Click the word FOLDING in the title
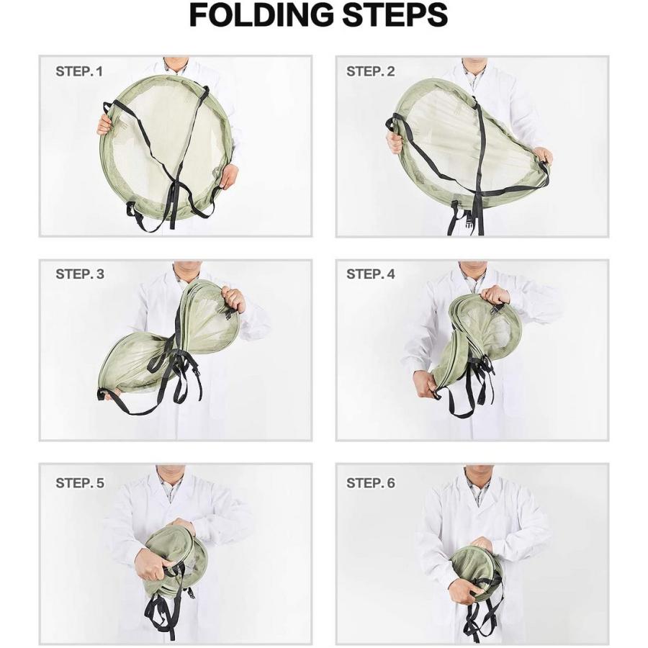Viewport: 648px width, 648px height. click(x=261, y=15)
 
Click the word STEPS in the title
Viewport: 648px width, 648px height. click(x=395, y=15)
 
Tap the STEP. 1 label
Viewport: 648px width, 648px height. click(x=79, y=71)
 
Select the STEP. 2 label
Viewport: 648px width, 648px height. click(x=370, y=71)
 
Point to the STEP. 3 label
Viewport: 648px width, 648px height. click(x=80, y=274)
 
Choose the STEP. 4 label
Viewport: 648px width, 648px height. click(x=370, y=274)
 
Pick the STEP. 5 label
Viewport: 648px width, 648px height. click(x=80, y=483)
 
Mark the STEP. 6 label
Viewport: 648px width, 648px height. click(x=370, y=483)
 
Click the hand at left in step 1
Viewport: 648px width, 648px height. click(x=104, y=123)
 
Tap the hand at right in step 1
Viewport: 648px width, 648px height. click(x=228, y=176)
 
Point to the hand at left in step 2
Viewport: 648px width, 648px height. click(x=395, y=140)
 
